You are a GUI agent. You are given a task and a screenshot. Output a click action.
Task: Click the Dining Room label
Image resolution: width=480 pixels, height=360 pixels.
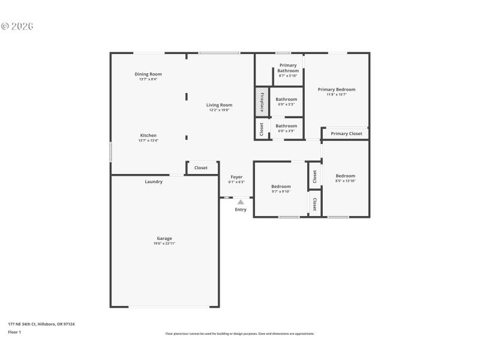[148, 74]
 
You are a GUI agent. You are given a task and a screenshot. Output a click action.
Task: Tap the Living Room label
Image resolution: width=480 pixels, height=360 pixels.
[220, 105]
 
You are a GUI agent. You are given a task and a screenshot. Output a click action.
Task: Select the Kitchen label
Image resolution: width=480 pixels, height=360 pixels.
[148, 136]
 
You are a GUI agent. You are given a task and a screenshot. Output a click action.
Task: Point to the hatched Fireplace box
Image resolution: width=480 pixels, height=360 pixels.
[262, 101]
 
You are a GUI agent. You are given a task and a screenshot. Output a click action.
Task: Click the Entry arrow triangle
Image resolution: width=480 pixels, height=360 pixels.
[240, 202]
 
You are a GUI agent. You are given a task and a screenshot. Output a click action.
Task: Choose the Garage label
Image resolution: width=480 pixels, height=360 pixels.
[164, 238]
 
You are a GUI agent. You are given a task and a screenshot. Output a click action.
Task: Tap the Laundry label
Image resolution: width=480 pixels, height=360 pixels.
[154, 182]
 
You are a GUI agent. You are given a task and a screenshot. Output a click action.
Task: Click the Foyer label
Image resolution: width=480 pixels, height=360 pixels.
[236, 177]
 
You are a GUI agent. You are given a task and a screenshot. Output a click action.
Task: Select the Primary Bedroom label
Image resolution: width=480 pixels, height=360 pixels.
[337, 89]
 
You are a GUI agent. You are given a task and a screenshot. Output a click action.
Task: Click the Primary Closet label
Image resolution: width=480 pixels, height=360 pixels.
[346, 134]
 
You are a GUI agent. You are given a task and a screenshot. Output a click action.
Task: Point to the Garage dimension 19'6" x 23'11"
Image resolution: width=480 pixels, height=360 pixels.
[164, 244]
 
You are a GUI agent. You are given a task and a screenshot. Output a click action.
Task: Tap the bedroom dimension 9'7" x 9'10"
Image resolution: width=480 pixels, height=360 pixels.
[281, 191]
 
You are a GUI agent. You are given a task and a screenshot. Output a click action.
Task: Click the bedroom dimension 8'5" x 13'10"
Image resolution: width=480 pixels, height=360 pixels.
[345, 181]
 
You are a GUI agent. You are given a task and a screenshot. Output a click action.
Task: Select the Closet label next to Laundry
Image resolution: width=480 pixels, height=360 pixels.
[201, 168]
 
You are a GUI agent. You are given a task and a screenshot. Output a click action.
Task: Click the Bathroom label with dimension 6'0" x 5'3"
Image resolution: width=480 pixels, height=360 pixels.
[286, 99]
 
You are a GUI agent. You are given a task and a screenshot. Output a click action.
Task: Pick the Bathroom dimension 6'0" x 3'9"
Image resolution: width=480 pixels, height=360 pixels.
[286, 131]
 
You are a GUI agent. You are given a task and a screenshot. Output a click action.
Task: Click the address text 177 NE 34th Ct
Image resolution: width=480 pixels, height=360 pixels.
[41, 324]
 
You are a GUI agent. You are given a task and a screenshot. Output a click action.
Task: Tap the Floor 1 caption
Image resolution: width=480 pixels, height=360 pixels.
[14, 332]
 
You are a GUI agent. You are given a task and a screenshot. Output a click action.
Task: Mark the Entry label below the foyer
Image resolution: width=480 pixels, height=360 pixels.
[240, 209]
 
